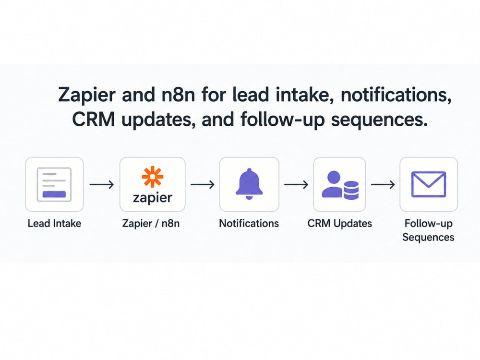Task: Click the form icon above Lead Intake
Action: point(54,184)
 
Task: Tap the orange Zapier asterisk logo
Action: point(153,177)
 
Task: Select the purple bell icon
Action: point(249,184)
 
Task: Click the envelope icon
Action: point(429,184)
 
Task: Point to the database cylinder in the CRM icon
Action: point(351,190)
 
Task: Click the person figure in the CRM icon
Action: point(333,184)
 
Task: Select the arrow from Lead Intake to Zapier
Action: point(102,185)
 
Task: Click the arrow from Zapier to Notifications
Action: point(203,185)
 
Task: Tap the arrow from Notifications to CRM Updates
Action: point(296,185)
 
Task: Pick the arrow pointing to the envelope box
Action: point(383,185)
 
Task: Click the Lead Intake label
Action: point(55,224)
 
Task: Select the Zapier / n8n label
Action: point(151,224)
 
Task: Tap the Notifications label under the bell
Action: point(249,224)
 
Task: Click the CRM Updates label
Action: point(339,224)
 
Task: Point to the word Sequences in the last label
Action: point(428,237)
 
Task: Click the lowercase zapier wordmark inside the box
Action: point(153,198)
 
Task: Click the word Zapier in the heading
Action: point(87,95)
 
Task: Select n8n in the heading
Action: point(178,95)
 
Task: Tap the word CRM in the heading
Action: point(94,119)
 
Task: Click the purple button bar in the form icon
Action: point(54,194)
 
